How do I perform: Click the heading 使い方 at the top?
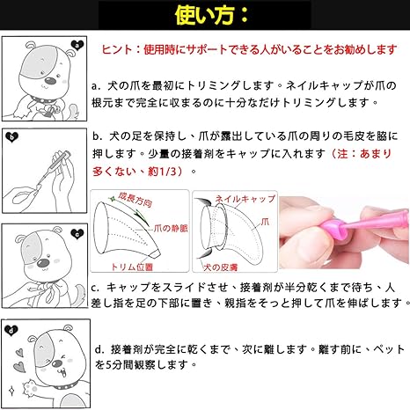pyautogui.click(x=204, y=14)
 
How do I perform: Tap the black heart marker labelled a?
pyautogui.click(x=78, y=45)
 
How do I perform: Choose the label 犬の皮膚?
pyautogui.click(x=217, y=266)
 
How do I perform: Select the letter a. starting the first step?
pyautogui.click(x=97, y=87)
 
